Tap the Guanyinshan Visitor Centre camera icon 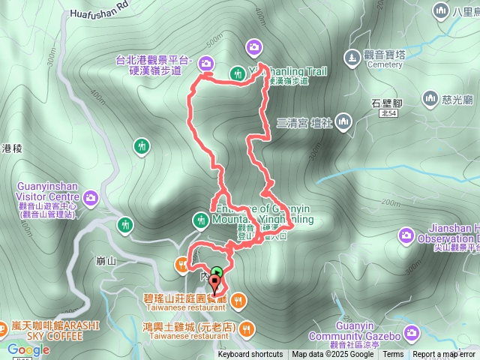(91, 197)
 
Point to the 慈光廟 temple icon (430, 97)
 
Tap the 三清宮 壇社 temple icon (343, 120)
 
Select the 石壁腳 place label (387, 103)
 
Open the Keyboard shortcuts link (250, 355)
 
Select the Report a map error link (445, 355)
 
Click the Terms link (393, 355)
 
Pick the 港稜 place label (12, 148)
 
